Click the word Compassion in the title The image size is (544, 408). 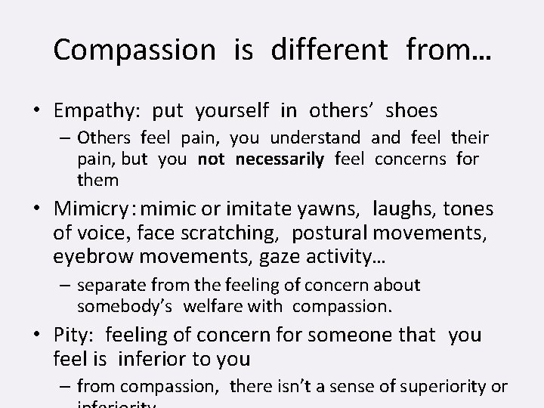click(134, 51)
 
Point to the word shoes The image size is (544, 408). click(411, 110)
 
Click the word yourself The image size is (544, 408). click(231, 112)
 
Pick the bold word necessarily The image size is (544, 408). click(280, 159)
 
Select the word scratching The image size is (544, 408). click(234, 233)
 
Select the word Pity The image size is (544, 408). click(74, 335)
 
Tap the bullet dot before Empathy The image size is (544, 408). click(36, 112)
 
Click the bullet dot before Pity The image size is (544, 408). click(36, 335)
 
